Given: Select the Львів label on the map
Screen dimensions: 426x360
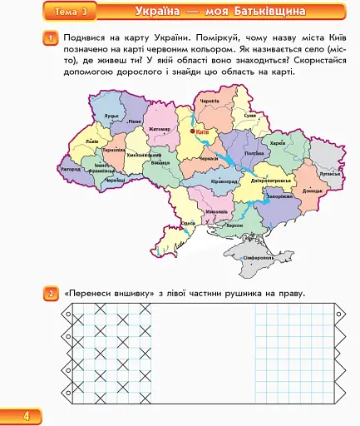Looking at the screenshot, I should tap(91, 142).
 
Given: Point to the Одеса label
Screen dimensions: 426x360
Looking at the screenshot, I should tap(189, 223).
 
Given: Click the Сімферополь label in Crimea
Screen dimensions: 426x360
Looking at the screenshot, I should tap(255, 258).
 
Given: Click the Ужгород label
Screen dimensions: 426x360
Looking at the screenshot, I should tap(71, 169).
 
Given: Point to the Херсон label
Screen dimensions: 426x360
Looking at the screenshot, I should tap(235, 225).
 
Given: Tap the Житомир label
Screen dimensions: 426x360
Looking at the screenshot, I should tap(160, 129).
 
